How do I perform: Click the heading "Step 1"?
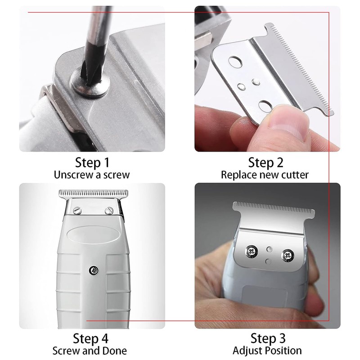click(x=92, y=162)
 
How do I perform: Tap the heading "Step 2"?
click(x=265, y=162)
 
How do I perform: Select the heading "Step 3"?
click(x=268, y=338)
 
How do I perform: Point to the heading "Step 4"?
click(x=90, y=338)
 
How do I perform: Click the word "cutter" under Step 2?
click(x=295, y=175)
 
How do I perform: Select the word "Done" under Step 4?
click(x=114, y=351)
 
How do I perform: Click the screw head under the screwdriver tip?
click(x=90, y=83)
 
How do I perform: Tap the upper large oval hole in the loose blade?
click(x=235, y=62)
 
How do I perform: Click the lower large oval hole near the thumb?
click(x=265, y=106)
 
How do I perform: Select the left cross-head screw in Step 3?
click(x=252, y=251)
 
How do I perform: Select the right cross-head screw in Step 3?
click(x=288, y=255)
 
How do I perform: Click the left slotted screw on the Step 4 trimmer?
click(x=77, y=210)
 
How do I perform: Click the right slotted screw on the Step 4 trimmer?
click(x=109, y=210)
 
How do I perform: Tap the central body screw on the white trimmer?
click(x=94, y=270)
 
